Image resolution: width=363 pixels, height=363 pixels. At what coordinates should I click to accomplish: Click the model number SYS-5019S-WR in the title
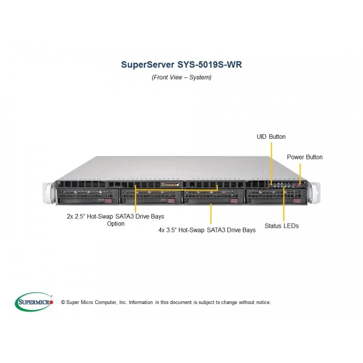(210, 64)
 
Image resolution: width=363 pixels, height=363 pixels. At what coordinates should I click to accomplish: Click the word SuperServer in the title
(147, 64)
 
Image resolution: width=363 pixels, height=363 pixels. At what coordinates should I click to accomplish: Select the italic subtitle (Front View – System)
(181, 77)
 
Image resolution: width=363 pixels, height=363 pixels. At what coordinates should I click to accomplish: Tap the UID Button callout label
(271, 137)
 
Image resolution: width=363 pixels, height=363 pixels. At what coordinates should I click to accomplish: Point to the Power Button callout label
(304, 157)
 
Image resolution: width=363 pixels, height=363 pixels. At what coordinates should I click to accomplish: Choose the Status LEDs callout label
(281, 226)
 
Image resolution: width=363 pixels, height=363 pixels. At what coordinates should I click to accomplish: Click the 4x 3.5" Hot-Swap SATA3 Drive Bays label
(207, 230)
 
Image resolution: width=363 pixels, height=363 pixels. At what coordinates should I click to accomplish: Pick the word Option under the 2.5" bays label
(116, 224)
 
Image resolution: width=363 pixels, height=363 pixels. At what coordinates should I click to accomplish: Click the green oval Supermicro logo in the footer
(34, 302)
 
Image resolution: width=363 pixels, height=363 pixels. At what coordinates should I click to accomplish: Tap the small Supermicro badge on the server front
(171, 185)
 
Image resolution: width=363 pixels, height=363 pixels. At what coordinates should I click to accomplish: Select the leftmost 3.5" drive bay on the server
(88, 196)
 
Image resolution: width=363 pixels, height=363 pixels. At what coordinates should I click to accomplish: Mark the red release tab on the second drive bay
(171, 201)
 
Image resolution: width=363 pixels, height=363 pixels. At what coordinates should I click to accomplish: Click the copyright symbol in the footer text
(63, 302)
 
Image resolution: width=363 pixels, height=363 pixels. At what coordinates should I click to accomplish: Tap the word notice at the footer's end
(264, 302)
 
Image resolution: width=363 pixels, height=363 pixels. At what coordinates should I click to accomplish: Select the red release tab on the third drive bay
(234, 201)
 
